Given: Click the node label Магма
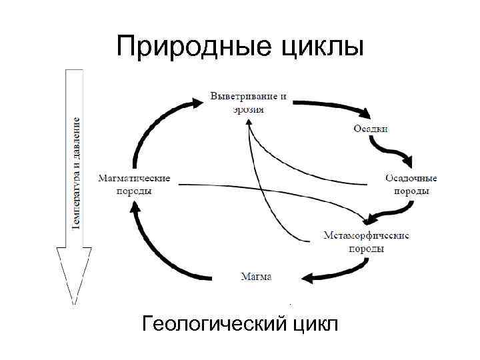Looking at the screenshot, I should (256, 276).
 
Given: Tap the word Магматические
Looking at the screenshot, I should (134, 178).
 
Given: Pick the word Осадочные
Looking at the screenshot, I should (411, 178).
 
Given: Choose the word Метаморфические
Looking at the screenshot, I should (366, 235).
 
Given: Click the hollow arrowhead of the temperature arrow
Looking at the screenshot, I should (74, 273).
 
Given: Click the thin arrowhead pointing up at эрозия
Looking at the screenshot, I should (248, 123).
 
